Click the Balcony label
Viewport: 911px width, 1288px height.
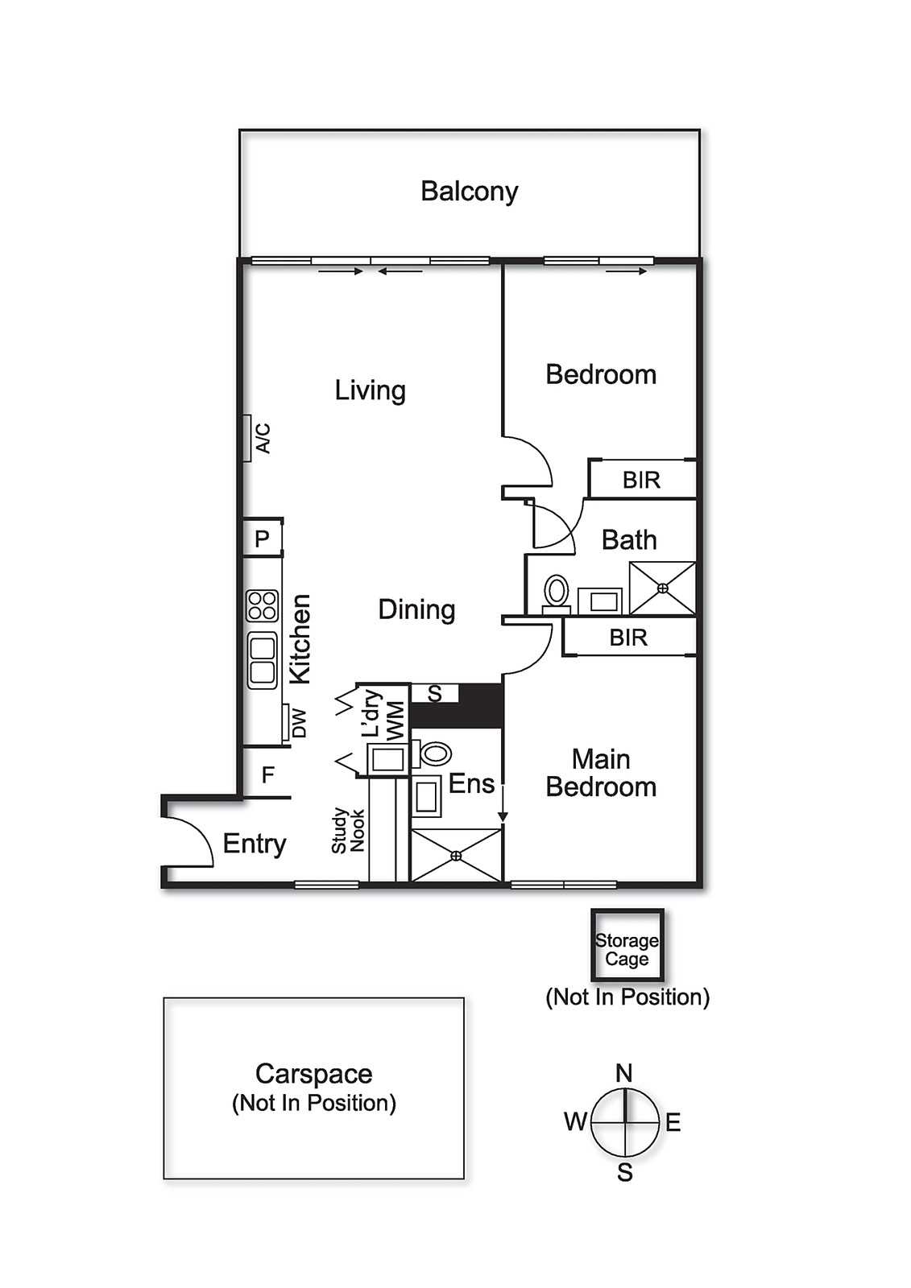tap(469, 192)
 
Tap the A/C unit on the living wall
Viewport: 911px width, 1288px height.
tap(247, 438)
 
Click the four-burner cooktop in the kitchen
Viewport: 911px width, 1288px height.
tap(263, 605)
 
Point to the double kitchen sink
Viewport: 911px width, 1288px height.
tap(263, 660)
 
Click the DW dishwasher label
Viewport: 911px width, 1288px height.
tap(299, 723)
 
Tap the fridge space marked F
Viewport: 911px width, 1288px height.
tap(268, 774)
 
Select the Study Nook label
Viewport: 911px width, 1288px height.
tap(348, 831)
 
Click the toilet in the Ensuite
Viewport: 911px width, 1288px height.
tap(435, 753)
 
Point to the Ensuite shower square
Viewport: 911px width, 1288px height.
tap(456, 855)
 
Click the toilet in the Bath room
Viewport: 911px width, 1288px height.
tap(556, 592)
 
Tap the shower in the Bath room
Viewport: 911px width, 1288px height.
tap(662, 588)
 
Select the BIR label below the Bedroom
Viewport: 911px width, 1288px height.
tap(641, 480)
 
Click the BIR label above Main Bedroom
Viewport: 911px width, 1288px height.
tap(628, 638)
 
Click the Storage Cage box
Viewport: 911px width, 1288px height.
tap(627, 946)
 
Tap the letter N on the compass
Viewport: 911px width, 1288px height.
tap(624, 1073)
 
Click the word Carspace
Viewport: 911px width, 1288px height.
tap(313, 1074)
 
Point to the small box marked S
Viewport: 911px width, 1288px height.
tap(435, 693)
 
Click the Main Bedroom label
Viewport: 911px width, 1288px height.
tap(601, 773)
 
